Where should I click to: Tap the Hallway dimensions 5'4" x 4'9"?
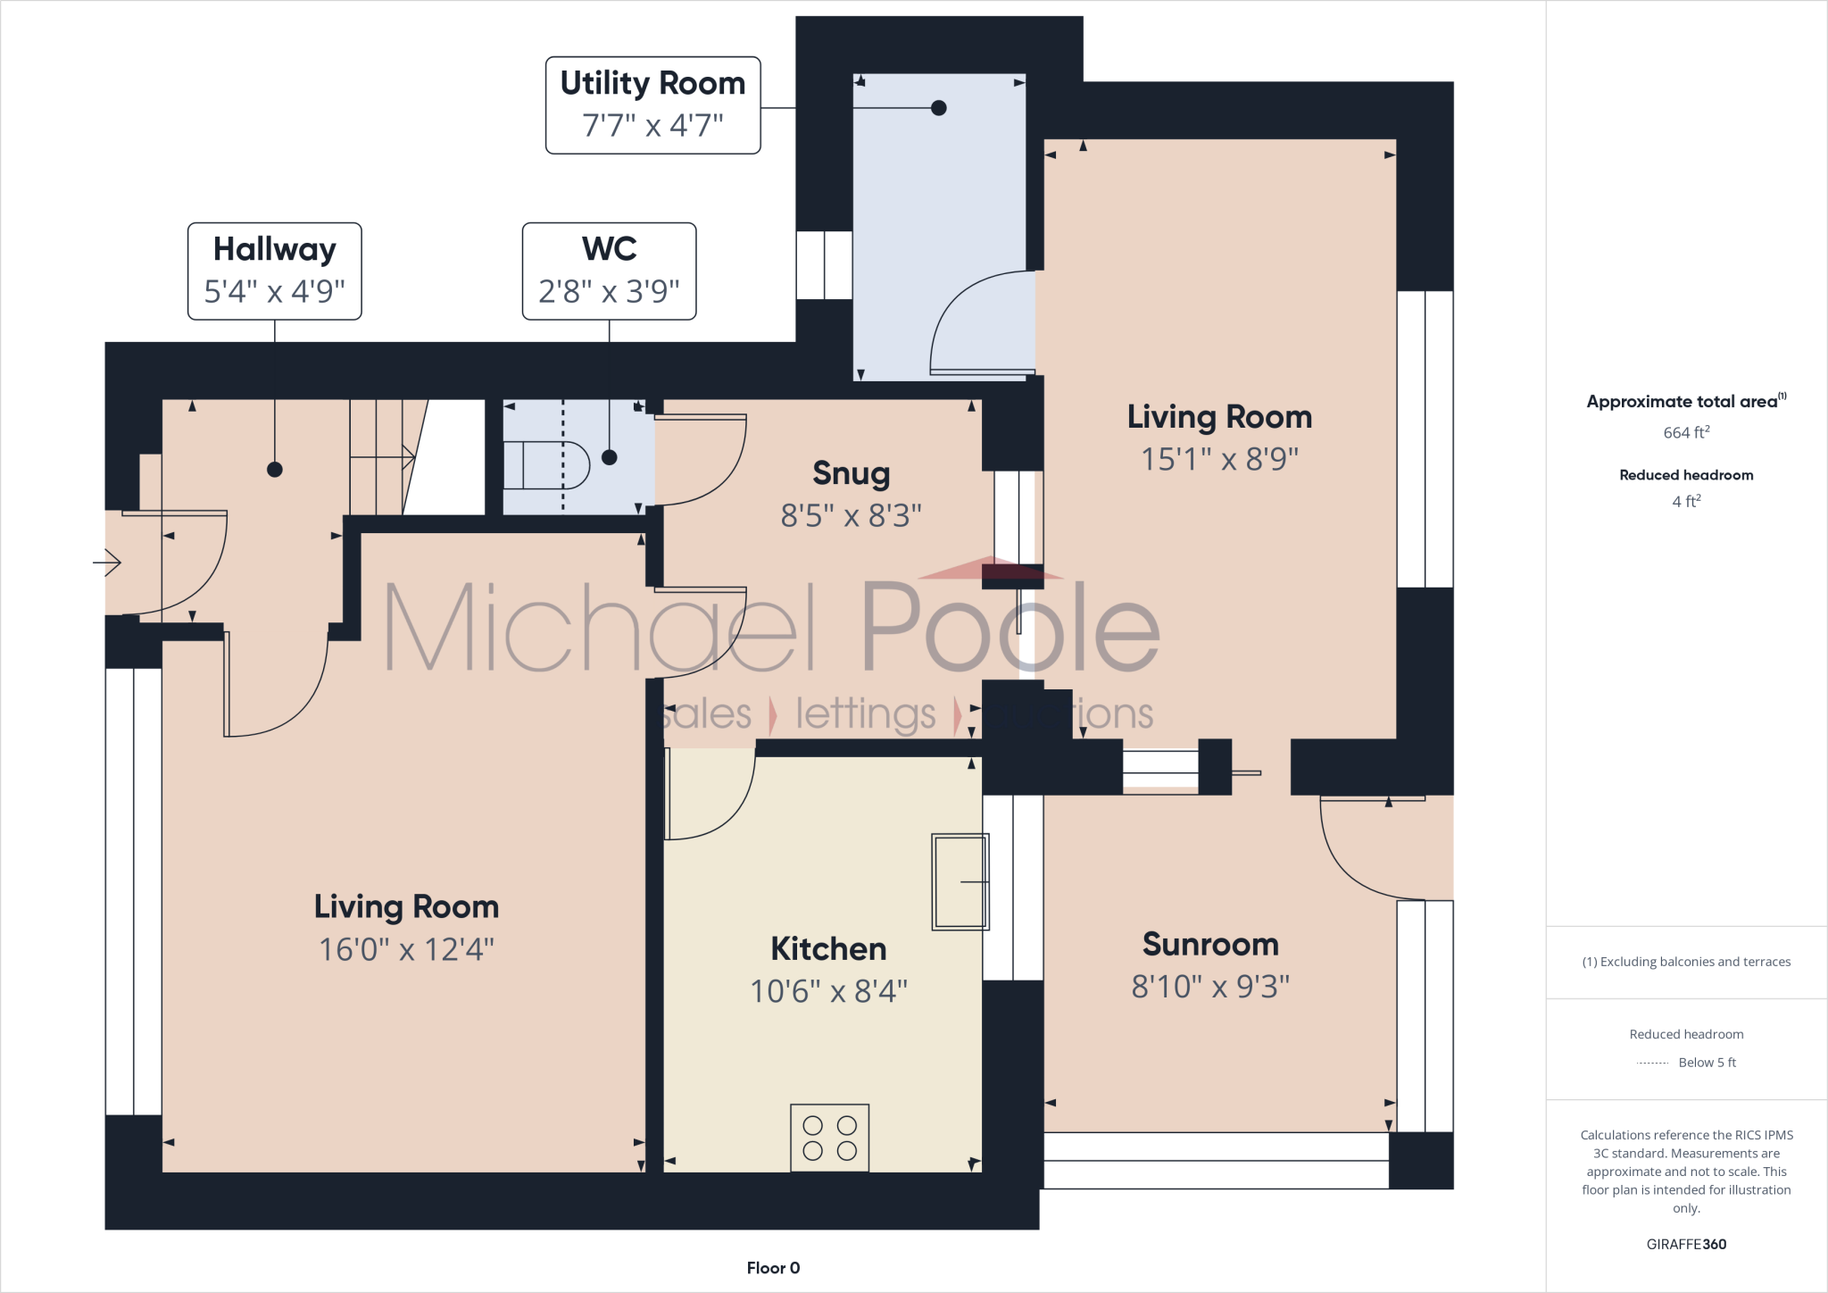point(274,291)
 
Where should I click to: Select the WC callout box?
point(609,271)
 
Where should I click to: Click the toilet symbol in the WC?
point(546,465)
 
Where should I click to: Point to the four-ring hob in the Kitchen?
point(829,1138)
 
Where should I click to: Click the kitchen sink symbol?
point(960,881)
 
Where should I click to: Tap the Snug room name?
point(851,473)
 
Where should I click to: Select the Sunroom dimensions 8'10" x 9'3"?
point(1210,987)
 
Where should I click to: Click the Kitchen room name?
point(828,948)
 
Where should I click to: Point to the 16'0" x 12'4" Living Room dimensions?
point(406,949)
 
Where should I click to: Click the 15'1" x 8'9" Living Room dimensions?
point(1219,459)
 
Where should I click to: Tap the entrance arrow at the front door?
point(108,563)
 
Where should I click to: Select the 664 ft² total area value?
point(1686,433)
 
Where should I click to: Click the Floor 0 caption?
point(773,1268)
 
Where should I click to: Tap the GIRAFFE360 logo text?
point(1686,1244)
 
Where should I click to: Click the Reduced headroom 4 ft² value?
point(1686,502)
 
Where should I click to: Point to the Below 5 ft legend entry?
point(1706,1063)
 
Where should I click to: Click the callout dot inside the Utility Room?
point(938,108)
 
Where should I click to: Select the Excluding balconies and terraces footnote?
point(1686,962)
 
